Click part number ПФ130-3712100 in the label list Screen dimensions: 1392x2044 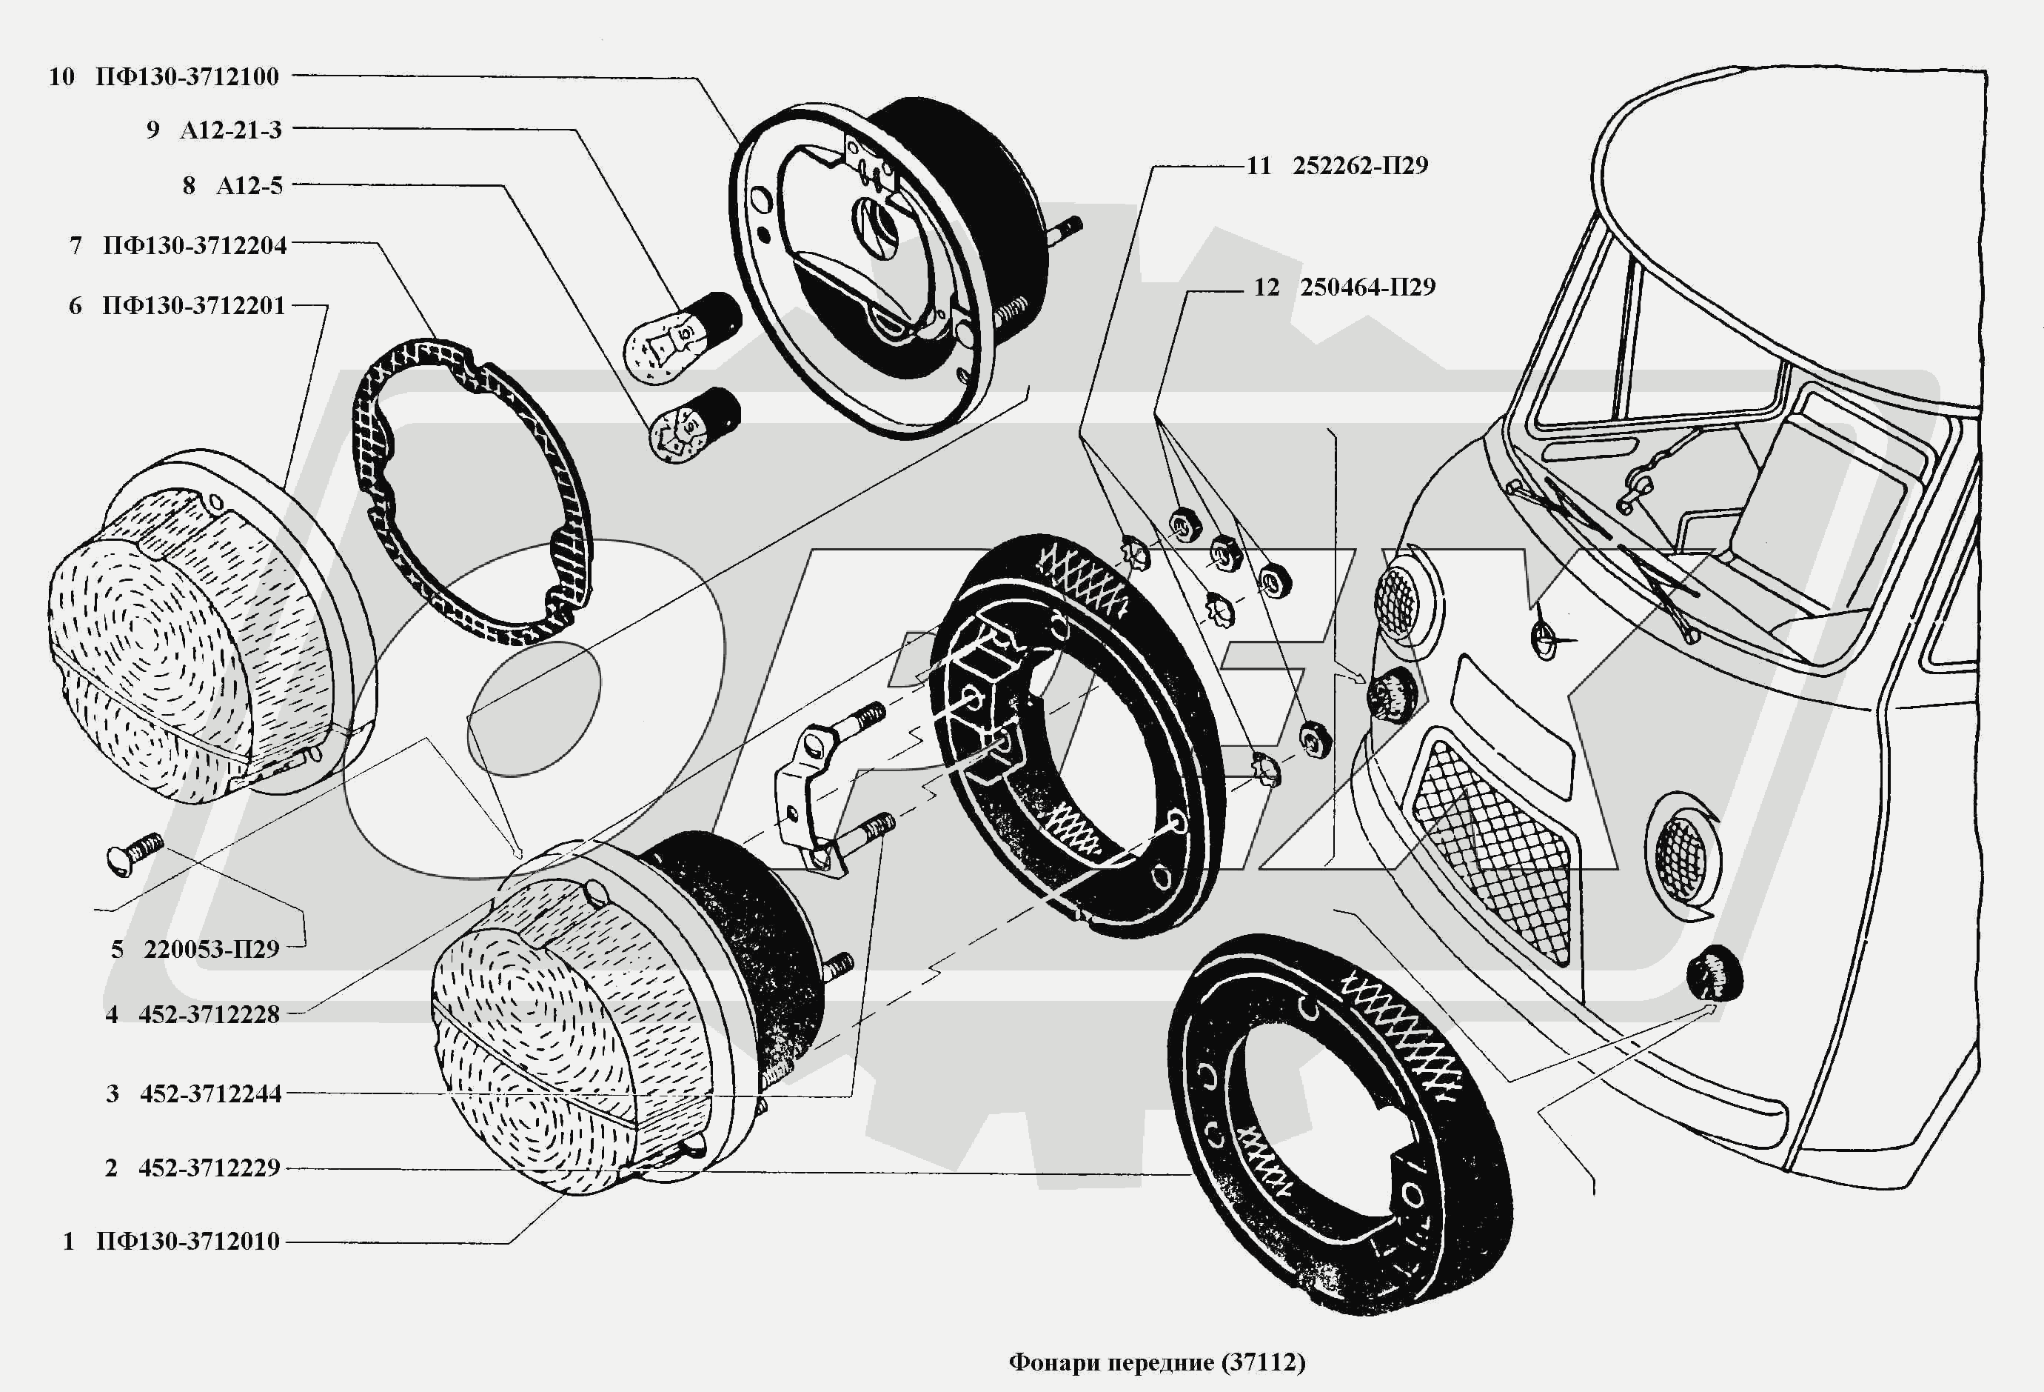187,76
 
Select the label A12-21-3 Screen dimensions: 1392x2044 230,130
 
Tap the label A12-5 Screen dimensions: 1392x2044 249,186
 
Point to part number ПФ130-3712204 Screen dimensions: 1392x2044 195,245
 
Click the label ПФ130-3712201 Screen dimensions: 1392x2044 193,306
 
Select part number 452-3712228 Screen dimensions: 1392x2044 209,1014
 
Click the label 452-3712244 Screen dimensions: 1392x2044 210,1093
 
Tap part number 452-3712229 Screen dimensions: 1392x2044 209,1168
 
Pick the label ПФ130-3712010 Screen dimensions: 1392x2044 187,1242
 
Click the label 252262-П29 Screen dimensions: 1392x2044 1360,165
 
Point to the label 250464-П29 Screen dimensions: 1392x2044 1367,287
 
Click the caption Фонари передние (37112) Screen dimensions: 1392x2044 1156,1363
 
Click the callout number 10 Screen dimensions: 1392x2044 61,76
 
